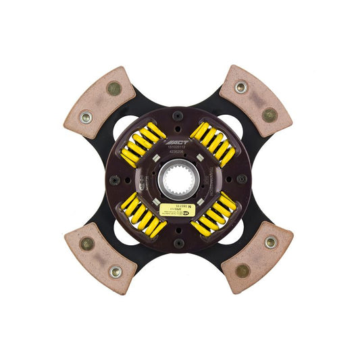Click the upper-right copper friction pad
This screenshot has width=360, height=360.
click(x=256, y=100)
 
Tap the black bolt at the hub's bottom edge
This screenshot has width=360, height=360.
click(x=179, y=244)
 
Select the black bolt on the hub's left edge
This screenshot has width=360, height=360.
click(x=115, y=180)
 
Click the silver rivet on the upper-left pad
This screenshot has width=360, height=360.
click(x=85, y=117)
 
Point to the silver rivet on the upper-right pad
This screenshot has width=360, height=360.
click(x=241, y=86)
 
